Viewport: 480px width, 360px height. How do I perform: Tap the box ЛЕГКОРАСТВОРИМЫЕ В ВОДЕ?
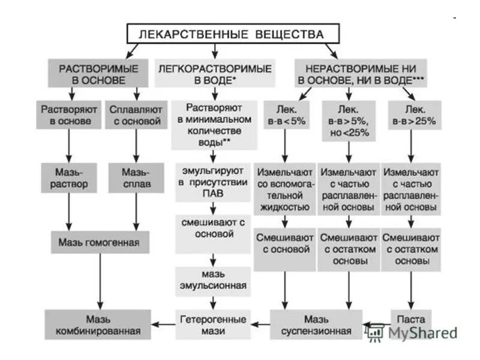215,74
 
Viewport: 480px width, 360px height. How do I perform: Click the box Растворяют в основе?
67,115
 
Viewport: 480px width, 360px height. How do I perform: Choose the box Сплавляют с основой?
136,115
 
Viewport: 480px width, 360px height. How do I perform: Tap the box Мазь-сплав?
136,178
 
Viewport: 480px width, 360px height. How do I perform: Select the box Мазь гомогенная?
99,242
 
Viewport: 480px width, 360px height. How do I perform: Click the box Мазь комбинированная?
98,324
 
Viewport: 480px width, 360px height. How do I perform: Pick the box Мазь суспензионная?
316,324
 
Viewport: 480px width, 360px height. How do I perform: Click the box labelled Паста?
411,319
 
